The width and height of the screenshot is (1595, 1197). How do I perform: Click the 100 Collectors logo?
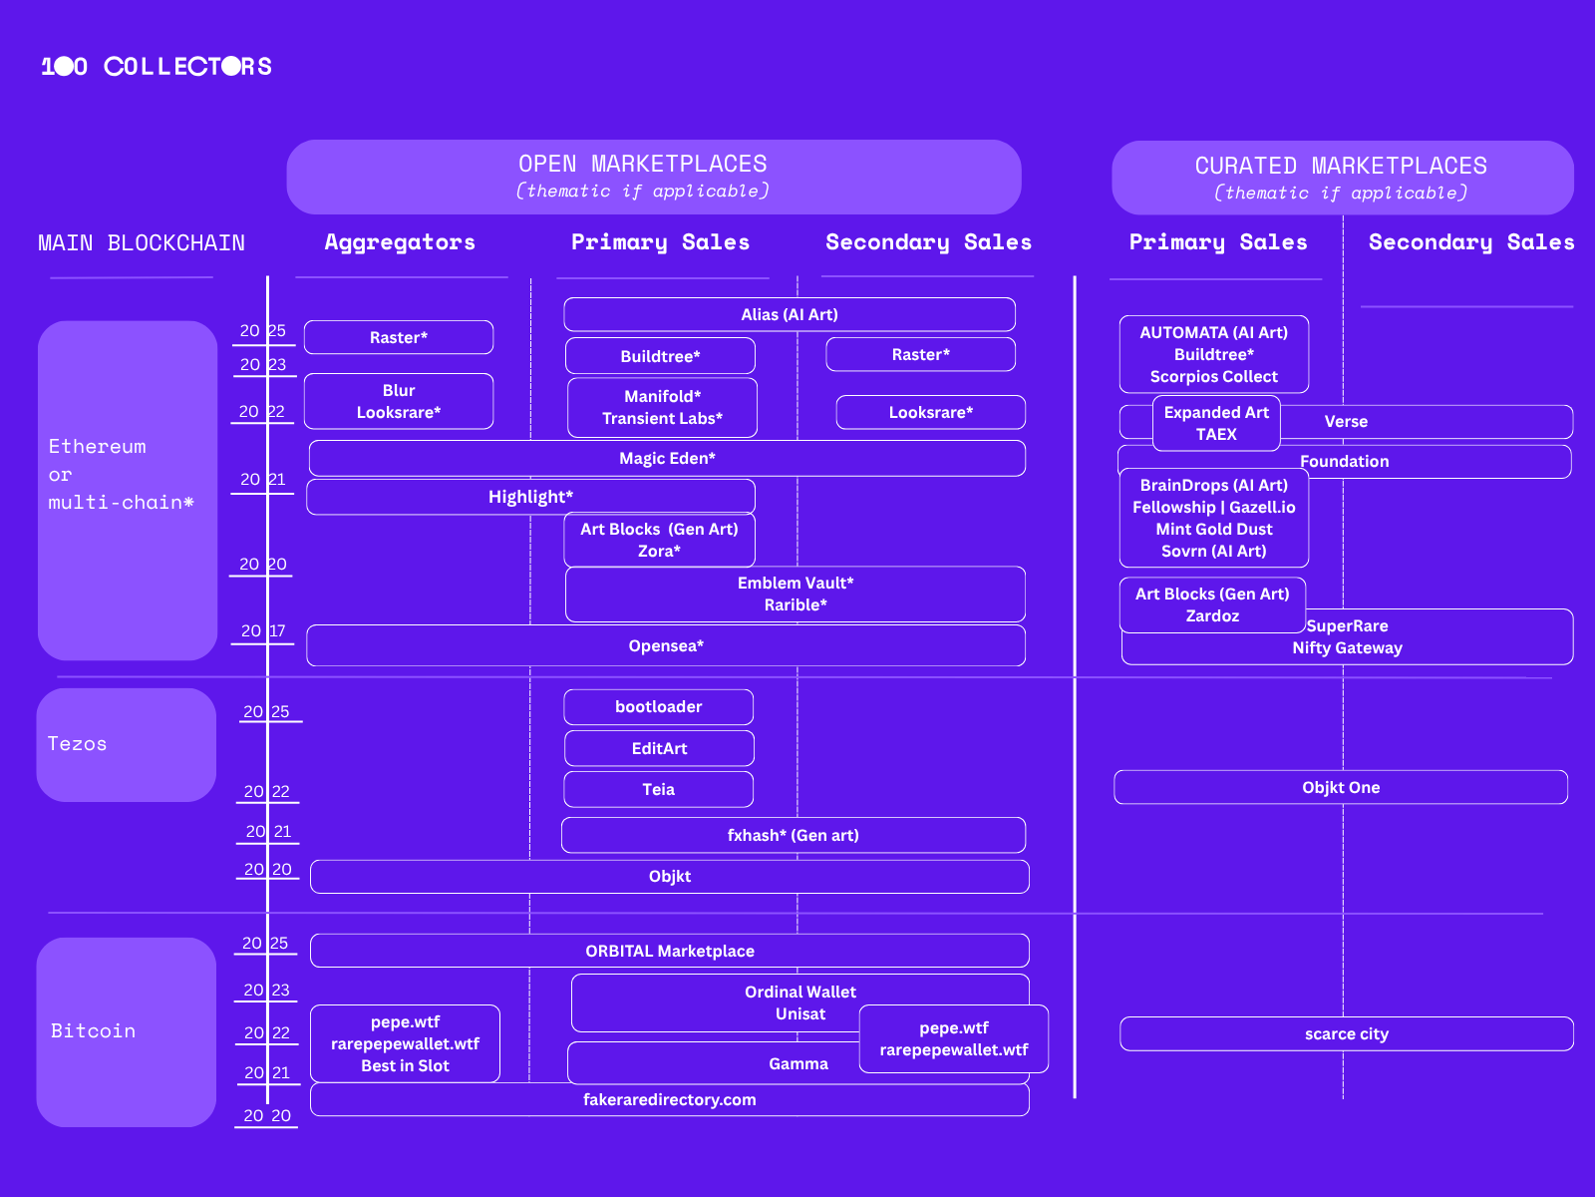(157, 67)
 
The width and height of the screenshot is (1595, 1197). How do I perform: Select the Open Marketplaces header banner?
(653, 177)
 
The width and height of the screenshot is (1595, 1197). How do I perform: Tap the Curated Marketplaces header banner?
(1342, 178)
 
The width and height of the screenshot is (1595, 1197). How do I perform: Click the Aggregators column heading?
(400, 242)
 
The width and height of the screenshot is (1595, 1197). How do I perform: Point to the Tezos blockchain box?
(127, 744)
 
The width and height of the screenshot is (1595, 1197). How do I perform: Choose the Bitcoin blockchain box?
(127, 1031)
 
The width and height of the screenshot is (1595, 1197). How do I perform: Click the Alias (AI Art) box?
(789, 314)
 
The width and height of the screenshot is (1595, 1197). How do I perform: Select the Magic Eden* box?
(667, 459)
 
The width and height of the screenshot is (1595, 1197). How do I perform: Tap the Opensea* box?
(666, 645)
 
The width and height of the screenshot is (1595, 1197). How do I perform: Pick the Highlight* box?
(530, 497)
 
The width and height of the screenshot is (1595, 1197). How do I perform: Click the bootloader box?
(658, 706)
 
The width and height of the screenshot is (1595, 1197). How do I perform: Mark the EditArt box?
(659, 748)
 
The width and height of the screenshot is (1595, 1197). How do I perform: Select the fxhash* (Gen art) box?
(793, 835)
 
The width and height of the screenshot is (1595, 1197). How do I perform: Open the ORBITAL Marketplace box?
(669, 951)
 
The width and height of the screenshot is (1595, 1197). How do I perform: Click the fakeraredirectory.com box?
(669, 1099)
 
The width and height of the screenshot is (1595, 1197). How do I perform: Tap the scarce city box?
(1346, 1033)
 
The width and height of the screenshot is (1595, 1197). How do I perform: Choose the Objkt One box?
(1341, 787)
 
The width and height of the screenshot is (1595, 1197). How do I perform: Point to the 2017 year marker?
(263, 631)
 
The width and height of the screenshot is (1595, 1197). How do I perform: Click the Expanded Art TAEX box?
(1216, 423)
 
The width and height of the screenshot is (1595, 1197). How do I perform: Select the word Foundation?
(1344, 461)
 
